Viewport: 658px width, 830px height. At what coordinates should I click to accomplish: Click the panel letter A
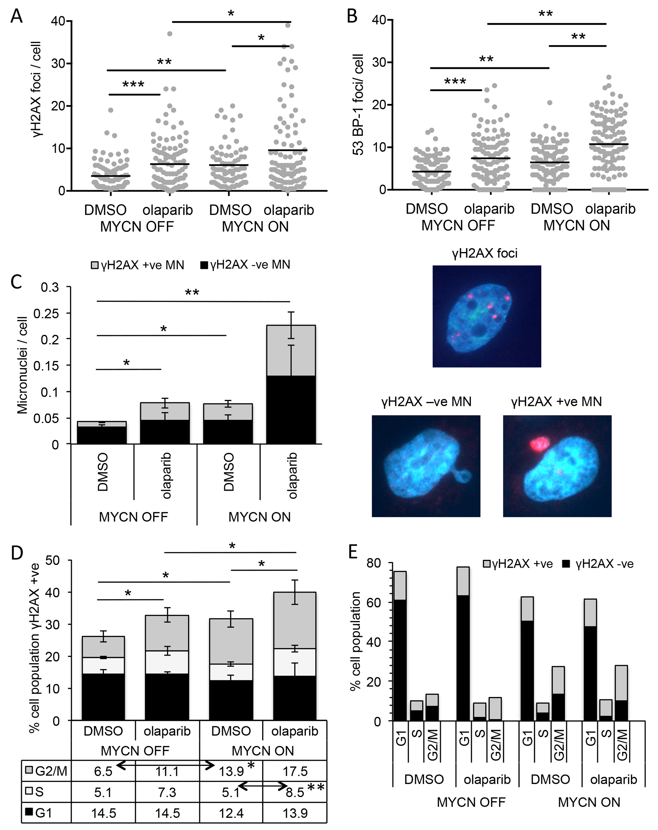point(16,16)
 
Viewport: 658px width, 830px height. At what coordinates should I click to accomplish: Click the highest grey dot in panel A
point(288,25)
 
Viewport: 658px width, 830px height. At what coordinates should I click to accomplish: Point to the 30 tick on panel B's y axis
point(379,63)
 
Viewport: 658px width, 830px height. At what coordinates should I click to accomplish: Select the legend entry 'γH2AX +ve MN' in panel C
point(138,265)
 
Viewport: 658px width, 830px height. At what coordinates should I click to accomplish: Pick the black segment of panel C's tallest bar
point(291,410)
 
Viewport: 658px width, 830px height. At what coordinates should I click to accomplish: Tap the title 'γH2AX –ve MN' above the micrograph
point(426,402)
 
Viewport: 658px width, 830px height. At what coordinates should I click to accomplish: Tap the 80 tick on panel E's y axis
point(373,563)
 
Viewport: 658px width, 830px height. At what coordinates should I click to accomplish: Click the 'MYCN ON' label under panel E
point(589,802)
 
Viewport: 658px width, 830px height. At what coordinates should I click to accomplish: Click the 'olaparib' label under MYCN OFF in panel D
point(167,731)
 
